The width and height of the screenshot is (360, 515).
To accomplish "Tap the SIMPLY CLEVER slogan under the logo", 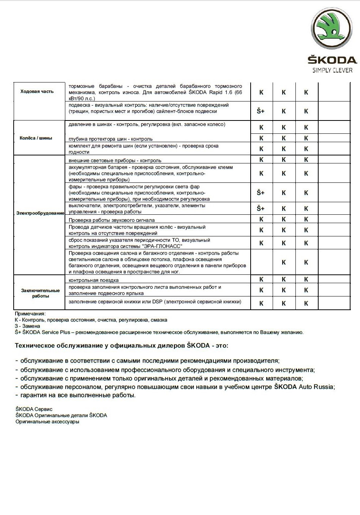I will coord(332,70).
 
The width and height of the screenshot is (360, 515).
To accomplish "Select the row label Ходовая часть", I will coord(37,91).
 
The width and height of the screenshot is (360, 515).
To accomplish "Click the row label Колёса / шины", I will coord(36,138).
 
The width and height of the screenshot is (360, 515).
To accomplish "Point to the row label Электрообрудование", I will coord(40,213).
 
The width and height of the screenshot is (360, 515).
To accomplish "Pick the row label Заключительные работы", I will coord(40,293).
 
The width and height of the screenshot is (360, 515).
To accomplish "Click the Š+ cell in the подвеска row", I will coord(261,111).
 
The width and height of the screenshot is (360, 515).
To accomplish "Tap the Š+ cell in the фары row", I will coord(261,193).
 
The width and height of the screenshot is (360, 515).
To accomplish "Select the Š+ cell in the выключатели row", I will coord(261,208).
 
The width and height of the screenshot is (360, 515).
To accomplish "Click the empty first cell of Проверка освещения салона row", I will coord(261,262).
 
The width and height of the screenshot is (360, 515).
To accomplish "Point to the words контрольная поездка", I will coord(94,280).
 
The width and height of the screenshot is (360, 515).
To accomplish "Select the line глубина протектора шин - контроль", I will coord(111,139).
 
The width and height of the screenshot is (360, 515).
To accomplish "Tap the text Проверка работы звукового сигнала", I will coord(112,220).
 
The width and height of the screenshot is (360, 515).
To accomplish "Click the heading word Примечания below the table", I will coord(30,314).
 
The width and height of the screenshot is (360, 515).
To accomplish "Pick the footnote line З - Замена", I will coord(27,326).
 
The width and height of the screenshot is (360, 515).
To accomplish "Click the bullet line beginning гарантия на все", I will coord(78,395).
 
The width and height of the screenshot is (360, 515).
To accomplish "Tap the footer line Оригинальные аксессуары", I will coord(47,422).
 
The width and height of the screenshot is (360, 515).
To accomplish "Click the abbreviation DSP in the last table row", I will coord(157,302).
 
